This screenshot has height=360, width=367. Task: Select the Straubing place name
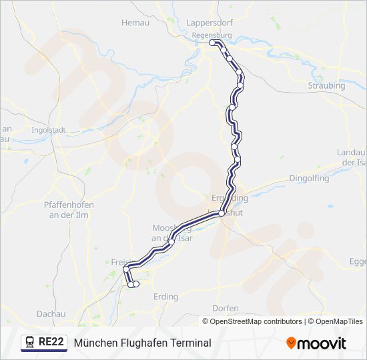[x=326, y=85]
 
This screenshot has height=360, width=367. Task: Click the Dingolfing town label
[x=310, y=178]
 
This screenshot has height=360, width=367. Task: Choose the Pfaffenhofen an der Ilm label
[x=68, y=209]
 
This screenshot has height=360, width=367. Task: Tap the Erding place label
[x=165, y=297]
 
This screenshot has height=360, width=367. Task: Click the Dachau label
[x=51, y=313]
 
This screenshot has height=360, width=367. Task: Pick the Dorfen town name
[x=226, y=308]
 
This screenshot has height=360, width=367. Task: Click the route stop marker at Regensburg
[x=213, y=43]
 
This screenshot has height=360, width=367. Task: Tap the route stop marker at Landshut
[x=222, y=213]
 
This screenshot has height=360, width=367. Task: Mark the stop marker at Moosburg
[x=171, y=242]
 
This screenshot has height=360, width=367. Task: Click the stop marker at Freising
[x=125, y=269]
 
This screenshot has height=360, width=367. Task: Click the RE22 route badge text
[x=51, y=343]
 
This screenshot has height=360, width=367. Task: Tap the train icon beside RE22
[x=30, y=343]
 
